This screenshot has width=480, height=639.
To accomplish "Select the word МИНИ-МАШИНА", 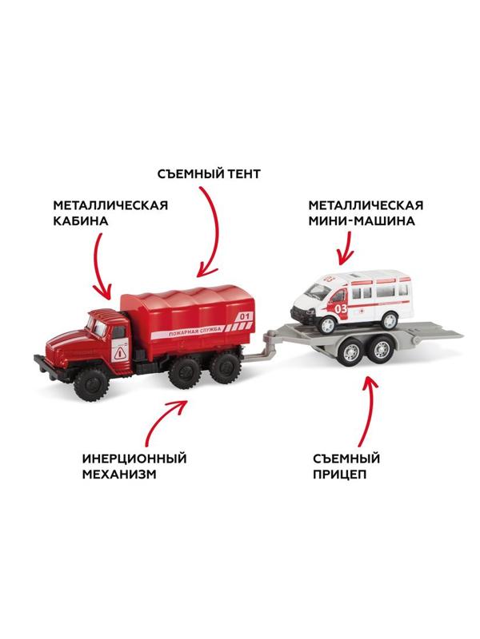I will [x=364, y=221].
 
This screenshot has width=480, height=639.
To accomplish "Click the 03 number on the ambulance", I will [x=341, y=308].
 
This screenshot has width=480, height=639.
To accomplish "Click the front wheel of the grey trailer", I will [x=353, y=352].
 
